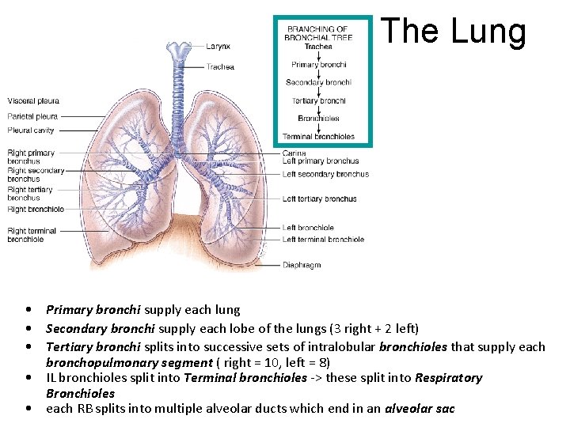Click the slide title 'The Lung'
[453, 32]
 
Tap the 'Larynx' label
[218, 47]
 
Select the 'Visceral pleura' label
[33, 101]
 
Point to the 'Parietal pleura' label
[32, 116]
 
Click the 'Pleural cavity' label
[31, 130]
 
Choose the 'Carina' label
[294, 153]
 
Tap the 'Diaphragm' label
[302, 265]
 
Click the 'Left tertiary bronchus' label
[319, 199]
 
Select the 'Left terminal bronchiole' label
[323, 240]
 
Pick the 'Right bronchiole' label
[36, 210]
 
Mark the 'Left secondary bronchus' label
[325, 174]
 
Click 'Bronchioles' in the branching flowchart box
[318, 119]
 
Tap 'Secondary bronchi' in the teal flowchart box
[318, 82]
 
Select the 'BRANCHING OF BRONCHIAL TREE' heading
[318, 32]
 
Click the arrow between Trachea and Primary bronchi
[318, 55]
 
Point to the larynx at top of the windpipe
[178, 51]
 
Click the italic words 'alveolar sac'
[420, 409]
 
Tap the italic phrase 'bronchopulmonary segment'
[129, 362]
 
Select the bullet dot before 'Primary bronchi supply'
[28, 310]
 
